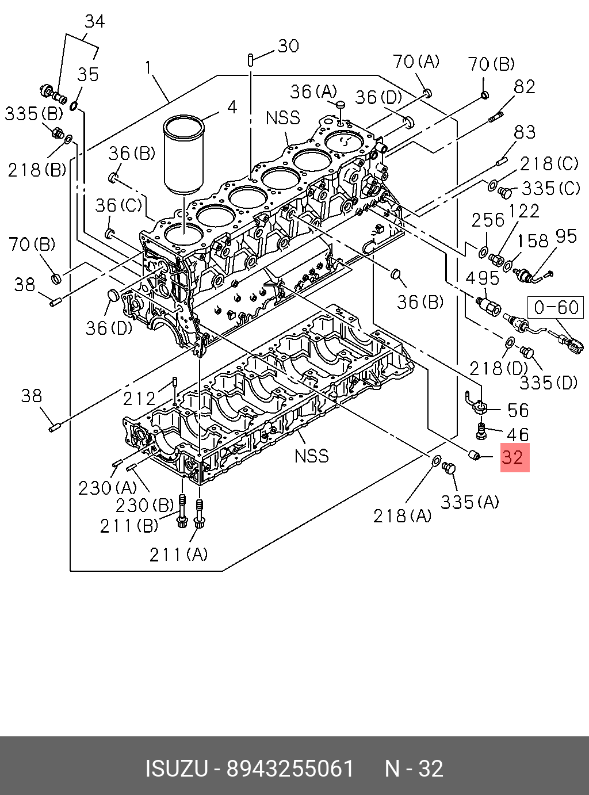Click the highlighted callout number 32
514,458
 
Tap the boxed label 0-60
556,307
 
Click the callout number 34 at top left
94,22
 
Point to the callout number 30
288,46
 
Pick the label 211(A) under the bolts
178,554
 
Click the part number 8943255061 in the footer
290,769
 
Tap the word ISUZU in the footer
176,769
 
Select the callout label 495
482,278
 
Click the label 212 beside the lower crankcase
139,398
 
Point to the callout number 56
518,410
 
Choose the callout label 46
518,434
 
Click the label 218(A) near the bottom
402,516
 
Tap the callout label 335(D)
548,383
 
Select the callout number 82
525,87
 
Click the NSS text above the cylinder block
283,118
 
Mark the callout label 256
487,220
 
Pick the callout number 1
148,68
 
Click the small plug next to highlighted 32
475,456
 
